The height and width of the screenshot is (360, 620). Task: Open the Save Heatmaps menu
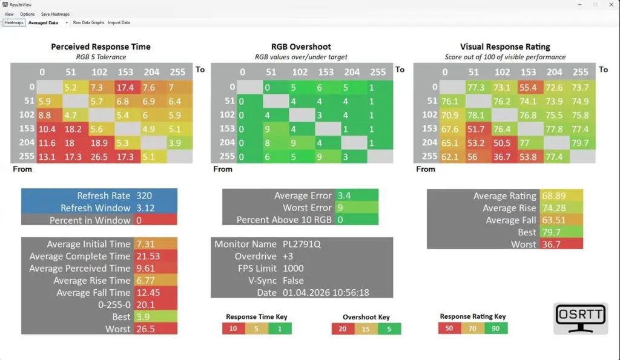pos(55,14)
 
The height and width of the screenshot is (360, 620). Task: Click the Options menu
pos(27,14)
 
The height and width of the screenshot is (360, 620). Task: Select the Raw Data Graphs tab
pos(88,23)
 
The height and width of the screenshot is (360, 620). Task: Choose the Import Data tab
pos(119,23)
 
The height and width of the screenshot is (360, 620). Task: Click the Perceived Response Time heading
pos(101,47)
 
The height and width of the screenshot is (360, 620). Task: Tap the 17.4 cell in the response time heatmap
pos(126,88)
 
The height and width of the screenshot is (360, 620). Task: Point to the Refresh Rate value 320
pos(144,196)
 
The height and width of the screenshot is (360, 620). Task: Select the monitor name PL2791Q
pos(300,244)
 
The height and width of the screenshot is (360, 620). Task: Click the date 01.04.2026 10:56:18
pos(326,293)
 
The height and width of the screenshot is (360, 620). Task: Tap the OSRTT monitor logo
pos(581,319)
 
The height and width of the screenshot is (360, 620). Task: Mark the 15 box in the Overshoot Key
pos(366,329)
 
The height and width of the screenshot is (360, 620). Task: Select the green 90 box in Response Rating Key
pos(496,328)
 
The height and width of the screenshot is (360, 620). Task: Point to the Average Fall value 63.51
pos(552,220)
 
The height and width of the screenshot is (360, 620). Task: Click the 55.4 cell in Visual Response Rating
pos(529,88)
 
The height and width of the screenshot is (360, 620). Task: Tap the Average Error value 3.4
pos(344,195)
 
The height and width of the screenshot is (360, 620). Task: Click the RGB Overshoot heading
pos(300,47)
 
